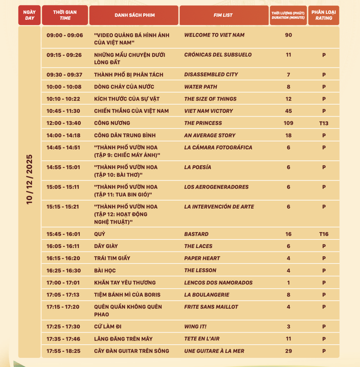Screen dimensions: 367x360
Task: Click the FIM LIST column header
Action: pyautogui.click(x=223, y=15)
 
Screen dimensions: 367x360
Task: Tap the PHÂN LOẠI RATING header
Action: pyautogui.click(x=324, y=15)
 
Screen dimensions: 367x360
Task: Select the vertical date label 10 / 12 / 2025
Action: pyautogui.click(x=29, y=179)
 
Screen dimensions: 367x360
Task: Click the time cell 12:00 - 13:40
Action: pyautogui.click(x=63, y=123)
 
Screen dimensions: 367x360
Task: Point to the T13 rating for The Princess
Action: pyautogui.click(x=324, y=123)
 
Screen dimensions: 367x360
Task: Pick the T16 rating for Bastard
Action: pyautogui.click(x=324, y=234)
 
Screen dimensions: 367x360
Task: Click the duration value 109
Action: pyautogui.click(x=288, y=123)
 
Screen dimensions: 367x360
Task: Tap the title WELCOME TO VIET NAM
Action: pyautogui.click(x=214, y=35)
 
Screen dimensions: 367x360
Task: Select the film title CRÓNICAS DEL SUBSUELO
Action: pyautogui.click(x=218, y=55)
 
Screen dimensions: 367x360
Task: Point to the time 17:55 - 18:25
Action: pyautogui.click(x=63, y=351)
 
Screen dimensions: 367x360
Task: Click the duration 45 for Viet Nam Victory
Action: pyautogui.click(x=288, y=111)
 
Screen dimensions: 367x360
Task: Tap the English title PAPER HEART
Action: pyautogui.click(x=202, y=258)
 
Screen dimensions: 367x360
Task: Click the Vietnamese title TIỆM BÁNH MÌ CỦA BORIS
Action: pyautogui.click(x=127, y=295)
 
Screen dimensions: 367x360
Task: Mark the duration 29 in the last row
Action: pyautogui.click(x=288, y=351)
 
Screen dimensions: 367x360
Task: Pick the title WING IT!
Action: pyautogui.click(x=195, y=327)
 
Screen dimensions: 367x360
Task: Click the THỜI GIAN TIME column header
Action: pyautogui.click(x=65, y=15)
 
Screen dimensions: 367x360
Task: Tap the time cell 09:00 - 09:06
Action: pyautogui.click(x=64, y=35)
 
